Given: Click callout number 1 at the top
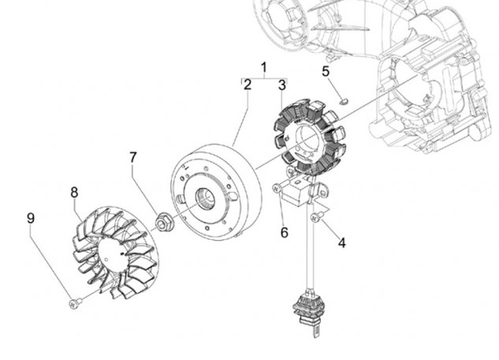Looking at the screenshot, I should pos(263,67).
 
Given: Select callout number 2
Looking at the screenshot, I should pos(247,85).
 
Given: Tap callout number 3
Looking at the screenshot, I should pos(281,85).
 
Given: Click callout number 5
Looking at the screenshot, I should pos(326,71).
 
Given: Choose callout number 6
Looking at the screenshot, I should pos(284,232).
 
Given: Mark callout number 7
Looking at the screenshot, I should pos(133,157).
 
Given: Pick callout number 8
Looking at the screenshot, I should pos(74,192).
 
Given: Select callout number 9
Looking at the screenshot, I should pos(30,218).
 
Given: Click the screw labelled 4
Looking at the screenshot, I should pos(316,218).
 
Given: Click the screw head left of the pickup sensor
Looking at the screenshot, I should pos(277,187).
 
